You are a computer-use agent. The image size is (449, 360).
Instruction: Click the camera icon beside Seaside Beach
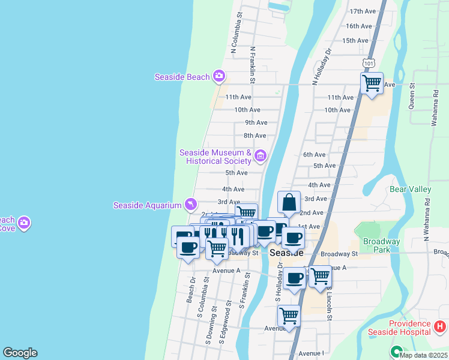point(219,76)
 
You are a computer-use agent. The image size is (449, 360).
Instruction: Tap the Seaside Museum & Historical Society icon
point(260,157)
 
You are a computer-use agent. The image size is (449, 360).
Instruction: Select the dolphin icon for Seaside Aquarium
point(190,205)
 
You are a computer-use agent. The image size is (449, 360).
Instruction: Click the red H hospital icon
point(440,327)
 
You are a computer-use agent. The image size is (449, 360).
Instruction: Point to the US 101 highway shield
point(367,62)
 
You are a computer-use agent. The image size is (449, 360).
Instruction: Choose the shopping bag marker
point(289,203)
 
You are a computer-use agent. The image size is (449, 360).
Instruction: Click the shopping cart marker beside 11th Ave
point(372,83)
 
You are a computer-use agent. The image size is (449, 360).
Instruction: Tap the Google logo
point(20,353)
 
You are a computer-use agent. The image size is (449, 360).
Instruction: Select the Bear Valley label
point(411,189)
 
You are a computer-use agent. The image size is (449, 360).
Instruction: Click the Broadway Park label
point(382,246)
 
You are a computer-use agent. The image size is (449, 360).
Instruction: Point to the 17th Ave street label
point(362,11)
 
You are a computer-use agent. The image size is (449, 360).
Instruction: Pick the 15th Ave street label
point(355,40)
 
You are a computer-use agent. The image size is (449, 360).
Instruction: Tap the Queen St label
point(412,95)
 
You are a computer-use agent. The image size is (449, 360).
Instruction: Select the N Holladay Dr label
point(320,66)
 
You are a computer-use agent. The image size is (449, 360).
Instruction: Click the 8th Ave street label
point(255,136)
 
